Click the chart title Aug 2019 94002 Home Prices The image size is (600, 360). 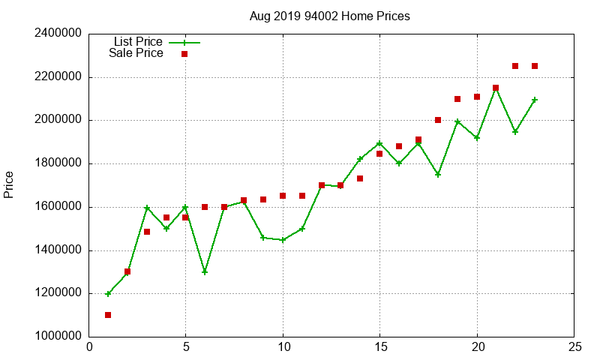pyautogui.click(x=329, y=16)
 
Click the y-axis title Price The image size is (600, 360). pyautogui.click(x=9, y=184)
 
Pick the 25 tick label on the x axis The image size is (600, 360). pyautogui.click(x=574, y=347)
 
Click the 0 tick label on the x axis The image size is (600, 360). pyautogui.click(x=89, y=347)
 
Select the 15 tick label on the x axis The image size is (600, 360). pyautogui.click(x=379, y=347)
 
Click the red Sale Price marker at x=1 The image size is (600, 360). pyautogui.click(x=108, y=315)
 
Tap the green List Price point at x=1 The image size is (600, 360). pyautogui.click(x=108, y=294)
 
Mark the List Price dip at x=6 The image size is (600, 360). pyautogui.click(x=205, y=272)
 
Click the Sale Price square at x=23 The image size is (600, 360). pyautogui.click(x=535, y=66)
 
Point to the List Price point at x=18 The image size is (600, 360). pyautogui.click(x=438, y=174)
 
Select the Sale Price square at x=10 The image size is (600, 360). pyautogui.click(x=283, y=196)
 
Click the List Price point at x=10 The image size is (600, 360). pyautogui.click(x=283, y=240)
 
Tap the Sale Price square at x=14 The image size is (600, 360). pyautogui.click(x=360, y=178)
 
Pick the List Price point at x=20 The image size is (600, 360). pyautogui.click(x=477, y=138)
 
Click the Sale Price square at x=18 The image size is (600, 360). pyautogui.click(x=438, y=120)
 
